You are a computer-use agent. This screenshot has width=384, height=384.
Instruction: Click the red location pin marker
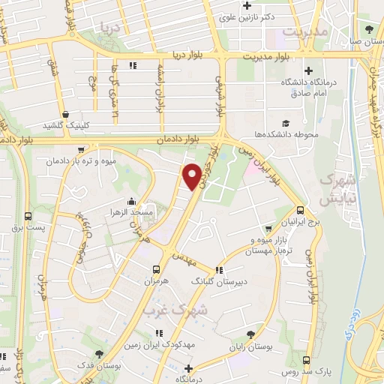pos(192,176)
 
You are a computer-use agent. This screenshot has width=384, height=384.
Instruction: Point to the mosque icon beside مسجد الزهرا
pos(132,201)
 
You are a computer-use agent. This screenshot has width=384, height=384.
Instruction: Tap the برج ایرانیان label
pos(299,223)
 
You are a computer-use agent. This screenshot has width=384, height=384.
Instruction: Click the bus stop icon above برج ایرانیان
pos(300,211)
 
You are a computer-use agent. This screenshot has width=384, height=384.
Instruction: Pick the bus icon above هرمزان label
pos(156,269)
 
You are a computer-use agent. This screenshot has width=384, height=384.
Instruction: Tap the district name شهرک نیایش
pos(336,190)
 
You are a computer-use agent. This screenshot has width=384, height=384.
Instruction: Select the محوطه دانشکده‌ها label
pos(286,134)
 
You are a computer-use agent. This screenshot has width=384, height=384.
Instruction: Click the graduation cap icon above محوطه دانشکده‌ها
pos(285,123)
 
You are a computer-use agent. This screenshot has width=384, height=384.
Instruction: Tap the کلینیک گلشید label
pos(65,125)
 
